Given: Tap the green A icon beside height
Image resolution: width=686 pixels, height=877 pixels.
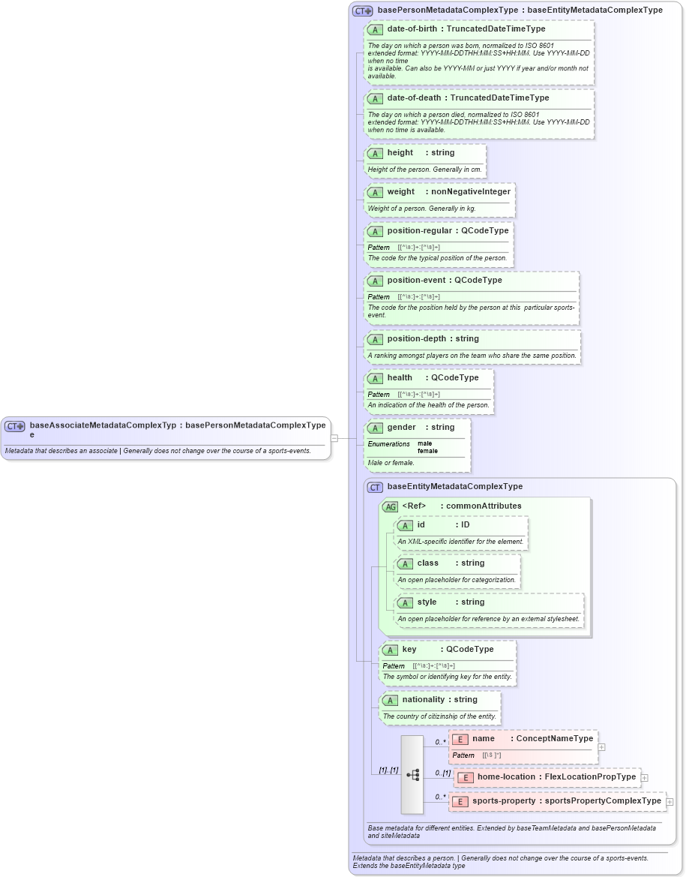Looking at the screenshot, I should coord(375,153).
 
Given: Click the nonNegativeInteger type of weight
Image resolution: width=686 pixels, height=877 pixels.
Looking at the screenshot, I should coord(470,192).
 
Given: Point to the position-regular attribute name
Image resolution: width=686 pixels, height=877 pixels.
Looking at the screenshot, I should coord(419,231).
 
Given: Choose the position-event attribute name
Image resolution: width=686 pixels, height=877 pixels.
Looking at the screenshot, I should coord(417,281).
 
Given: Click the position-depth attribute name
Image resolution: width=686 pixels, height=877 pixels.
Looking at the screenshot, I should coord(416,339).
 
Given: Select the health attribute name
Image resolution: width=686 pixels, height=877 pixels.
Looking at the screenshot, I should coord(400,378).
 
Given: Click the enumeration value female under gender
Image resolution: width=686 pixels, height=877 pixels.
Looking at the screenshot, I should coord(427,451).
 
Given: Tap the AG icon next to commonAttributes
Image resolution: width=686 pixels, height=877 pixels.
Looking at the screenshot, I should coord(390,506).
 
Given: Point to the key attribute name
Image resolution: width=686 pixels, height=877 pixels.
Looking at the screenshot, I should coord(409,650).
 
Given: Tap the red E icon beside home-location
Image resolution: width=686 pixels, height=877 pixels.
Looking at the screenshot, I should coord(466,777).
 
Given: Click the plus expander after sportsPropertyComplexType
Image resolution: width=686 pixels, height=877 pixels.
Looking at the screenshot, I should coord(670,802).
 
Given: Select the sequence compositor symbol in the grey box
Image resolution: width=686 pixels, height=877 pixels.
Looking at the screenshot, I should coord(412,775).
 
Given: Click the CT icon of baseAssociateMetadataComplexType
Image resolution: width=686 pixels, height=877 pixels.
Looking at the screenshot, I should coord(15,426).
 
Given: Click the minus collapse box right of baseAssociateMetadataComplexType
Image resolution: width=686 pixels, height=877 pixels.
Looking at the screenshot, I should coord(334,438).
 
